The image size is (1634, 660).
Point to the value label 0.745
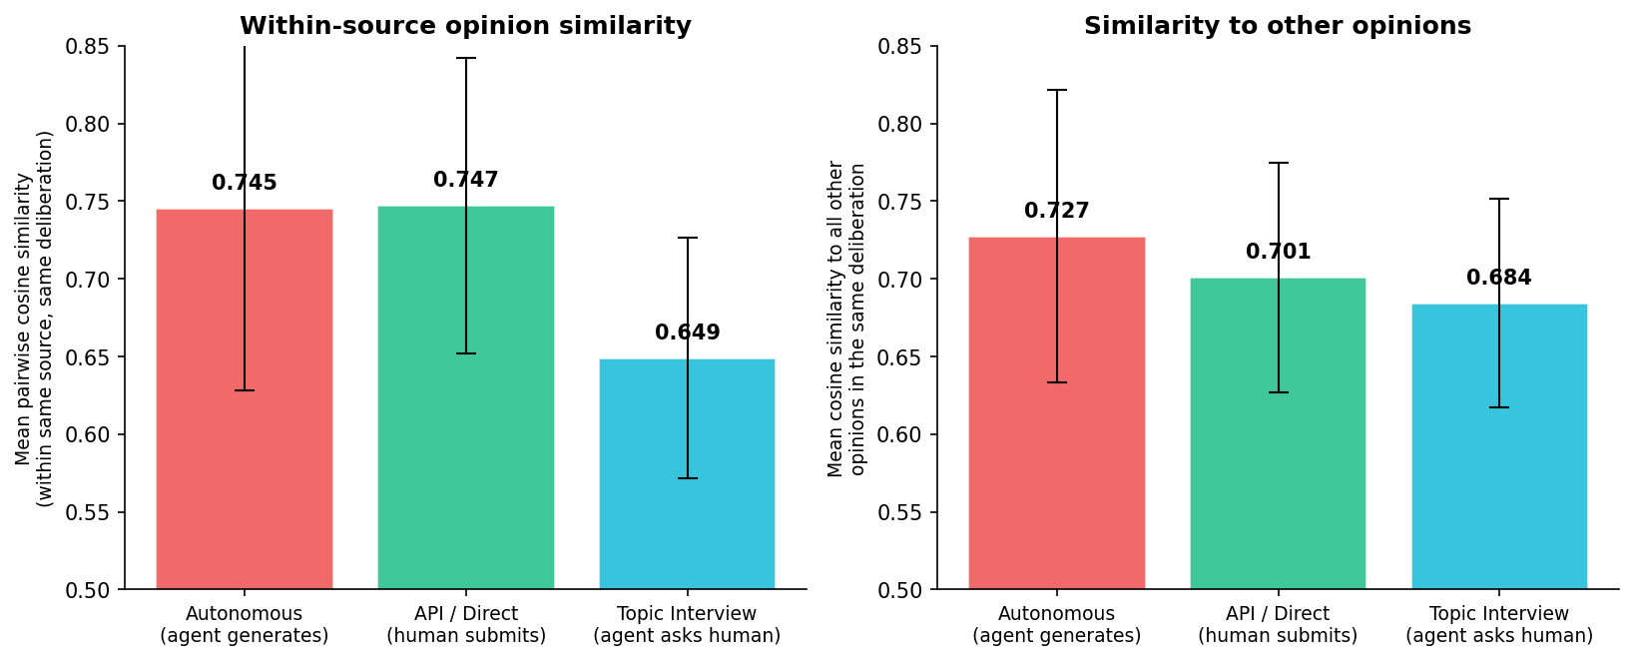click(x=245, y=184)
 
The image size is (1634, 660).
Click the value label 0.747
click(x=466, y=181)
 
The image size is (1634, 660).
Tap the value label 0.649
click(x=687, y=333)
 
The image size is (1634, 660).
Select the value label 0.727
click(x=1057, y=212)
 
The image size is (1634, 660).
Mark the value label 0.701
click(x=1278, y=253)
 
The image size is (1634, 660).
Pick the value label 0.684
click(x=1499, y=279)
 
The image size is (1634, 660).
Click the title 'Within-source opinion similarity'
click(x=465, y=27)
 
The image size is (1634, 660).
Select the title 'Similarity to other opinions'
click(x=1278, y=27)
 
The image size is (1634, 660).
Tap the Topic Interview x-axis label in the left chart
click(x=687, y=625)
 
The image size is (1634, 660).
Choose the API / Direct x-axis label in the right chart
click(x=1278, y=625)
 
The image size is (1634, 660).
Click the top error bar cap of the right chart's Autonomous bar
click(x=1057, y=90)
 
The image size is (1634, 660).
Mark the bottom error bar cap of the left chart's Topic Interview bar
click(x=687, y=478)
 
